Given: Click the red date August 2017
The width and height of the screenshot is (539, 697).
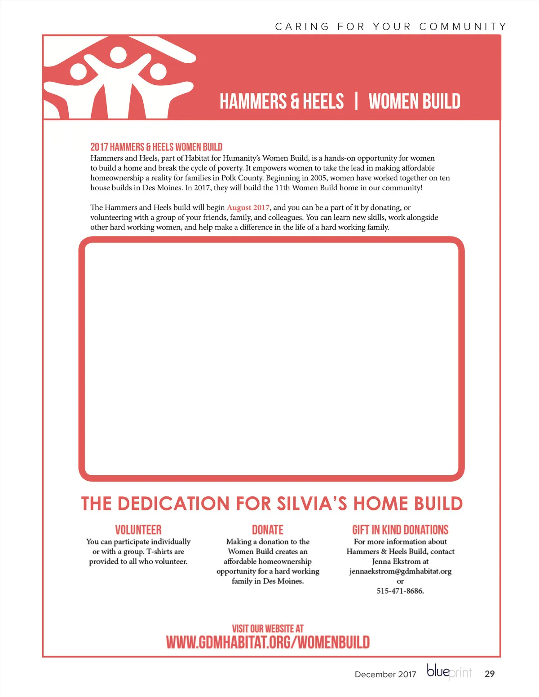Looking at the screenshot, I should point(248,207).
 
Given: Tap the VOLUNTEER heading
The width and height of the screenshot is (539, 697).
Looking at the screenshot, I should point(138,530).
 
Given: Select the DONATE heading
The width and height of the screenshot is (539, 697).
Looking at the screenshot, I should point(268,530).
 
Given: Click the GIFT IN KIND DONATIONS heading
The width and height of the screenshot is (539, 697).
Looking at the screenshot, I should point(400,530).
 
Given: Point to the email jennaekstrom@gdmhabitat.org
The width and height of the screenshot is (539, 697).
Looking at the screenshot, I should point(400,571).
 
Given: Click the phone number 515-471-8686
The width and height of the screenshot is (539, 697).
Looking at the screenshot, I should point(400,591).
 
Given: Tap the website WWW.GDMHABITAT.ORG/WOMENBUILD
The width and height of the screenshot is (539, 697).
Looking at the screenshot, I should point(268,642).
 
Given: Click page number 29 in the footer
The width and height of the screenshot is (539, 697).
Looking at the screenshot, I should point(490,674).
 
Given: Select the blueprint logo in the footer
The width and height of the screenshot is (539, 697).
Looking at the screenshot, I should point(449,672).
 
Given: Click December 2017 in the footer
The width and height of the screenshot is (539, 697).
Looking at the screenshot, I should point(385,674).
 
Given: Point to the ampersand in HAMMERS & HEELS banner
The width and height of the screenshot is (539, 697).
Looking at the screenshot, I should point(295,101).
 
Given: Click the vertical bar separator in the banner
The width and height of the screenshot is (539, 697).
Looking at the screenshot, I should point(356,101).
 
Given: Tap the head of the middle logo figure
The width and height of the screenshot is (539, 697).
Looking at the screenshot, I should point(119,55).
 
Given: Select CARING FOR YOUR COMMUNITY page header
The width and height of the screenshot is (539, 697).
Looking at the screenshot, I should point(391,26).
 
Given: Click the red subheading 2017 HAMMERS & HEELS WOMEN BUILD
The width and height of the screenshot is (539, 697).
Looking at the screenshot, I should point(156,147).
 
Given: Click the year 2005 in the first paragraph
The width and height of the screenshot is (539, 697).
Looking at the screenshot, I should point(319,178).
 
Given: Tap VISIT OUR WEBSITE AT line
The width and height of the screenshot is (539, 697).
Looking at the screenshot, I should point(268,628).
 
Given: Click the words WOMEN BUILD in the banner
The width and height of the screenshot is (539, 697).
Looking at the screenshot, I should point(414,101).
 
